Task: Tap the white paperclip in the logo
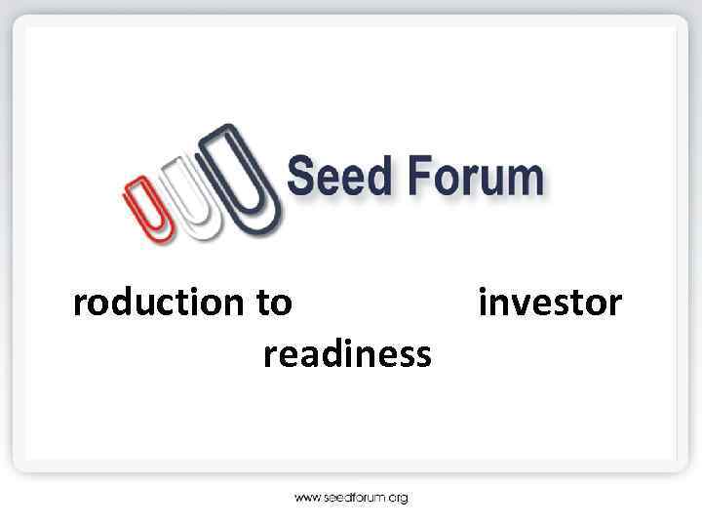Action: [x=191, y=195]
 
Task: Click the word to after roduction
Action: [x=274, y=304]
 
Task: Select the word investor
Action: [x=549, y=304]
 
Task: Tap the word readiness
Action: [x=346, y=354]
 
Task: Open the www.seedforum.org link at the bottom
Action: [x=351, y=498]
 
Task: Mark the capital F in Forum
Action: [x=416, y=179]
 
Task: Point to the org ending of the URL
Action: [x=397, y=499]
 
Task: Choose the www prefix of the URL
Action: [x=307, y=498]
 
